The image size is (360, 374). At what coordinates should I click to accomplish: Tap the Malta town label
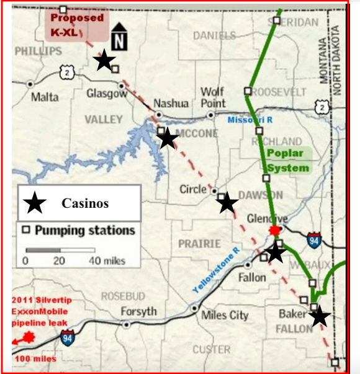(45, 97)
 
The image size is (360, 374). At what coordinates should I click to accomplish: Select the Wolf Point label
(212, 97)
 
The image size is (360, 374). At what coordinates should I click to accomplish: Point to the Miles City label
(225, 315)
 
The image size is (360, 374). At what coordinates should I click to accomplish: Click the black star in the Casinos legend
(35, 202)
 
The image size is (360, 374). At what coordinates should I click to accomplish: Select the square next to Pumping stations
(26, 230)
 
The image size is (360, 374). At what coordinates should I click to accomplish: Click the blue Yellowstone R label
(215, 269)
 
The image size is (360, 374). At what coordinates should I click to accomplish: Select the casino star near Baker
(319, 316)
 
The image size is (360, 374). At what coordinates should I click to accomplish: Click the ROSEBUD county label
(123, 295)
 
